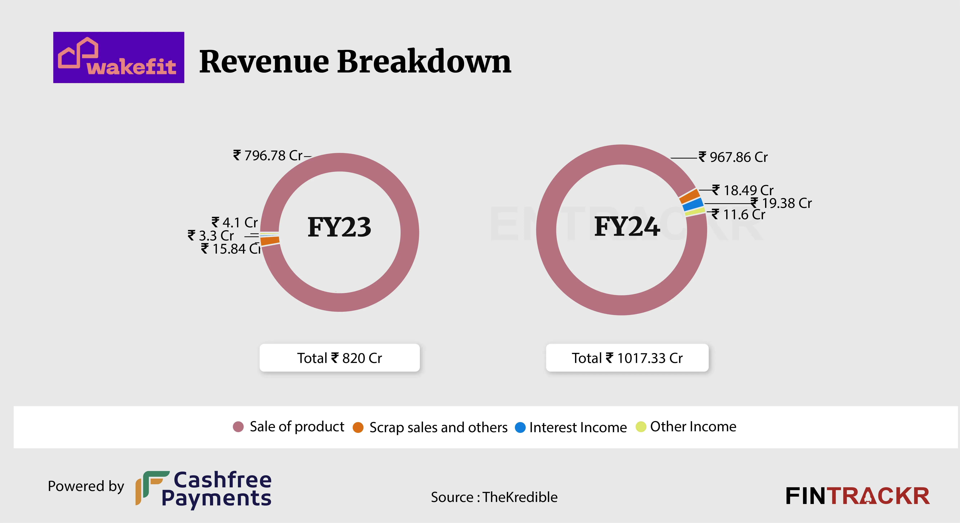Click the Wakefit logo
click(x=118, y=57)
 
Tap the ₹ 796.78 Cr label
click(x=268, y=155)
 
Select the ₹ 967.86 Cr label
click(x=733, y=157)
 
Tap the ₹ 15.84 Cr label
click(x=231, y=249)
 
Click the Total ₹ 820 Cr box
click(x=339, y=358)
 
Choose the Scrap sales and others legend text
click(x=438, y=427)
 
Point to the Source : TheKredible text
click(x=494, y=497)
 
